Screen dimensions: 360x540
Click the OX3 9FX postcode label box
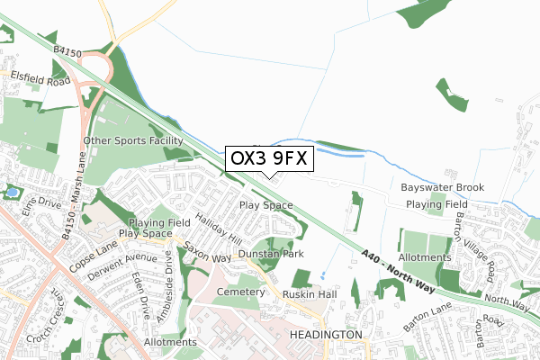[269, 158]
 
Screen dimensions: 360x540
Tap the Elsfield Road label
[40, 79]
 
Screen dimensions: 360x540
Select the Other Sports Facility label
[133, 141]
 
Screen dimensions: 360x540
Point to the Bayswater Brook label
[443, 187]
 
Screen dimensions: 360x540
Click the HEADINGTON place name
[326, 334]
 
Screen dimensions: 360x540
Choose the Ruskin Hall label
[309, 293]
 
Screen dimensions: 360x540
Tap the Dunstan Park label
[271, 255]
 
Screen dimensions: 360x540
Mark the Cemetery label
[241, 292]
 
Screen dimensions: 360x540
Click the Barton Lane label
[432, 327]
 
